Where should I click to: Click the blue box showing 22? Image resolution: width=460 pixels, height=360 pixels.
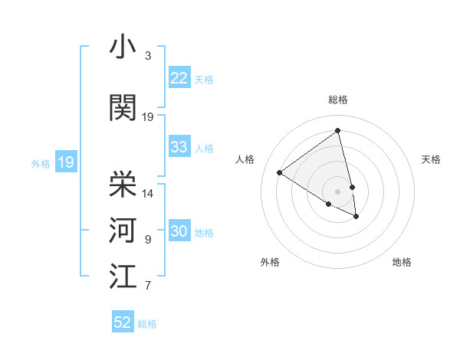(x=179, y=78)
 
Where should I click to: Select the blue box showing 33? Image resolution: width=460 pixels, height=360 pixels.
(x=179, y=147)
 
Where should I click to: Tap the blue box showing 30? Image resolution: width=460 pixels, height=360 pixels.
(x=179, y=231)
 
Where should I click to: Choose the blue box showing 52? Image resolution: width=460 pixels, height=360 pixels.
(x=123, y=322)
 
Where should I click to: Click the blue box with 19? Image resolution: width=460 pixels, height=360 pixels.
(x=66, y=162)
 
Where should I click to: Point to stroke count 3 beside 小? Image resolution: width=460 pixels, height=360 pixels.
(x=148, y=56)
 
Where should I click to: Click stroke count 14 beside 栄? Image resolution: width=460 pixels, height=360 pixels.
(x=148, y=194)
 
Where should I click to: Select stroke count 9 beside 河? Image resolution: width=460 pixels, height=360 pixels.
(x=148, y=240)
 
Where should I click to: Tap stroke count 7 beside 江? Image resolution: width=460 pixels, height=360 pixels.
(x=148, y=286)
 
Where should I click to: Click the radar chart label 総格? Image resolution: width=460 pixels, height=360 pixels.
(x=337, y=100)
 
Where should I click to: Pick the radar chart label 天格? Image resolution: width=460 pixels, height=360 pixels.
(x=431, y=159)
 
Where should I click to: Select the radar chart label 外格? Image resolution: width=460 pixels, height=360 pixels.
(x=270, y=262)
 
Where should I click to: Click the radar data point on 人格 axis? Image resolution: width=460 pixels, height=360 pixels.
(x=280, y=172)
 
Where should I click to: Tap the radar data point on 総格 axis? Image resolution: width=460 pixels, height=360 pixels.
(x=337, y=131)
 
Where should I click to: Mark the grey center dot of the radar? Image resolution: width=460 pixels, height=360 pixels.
(x=337, y=191)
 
